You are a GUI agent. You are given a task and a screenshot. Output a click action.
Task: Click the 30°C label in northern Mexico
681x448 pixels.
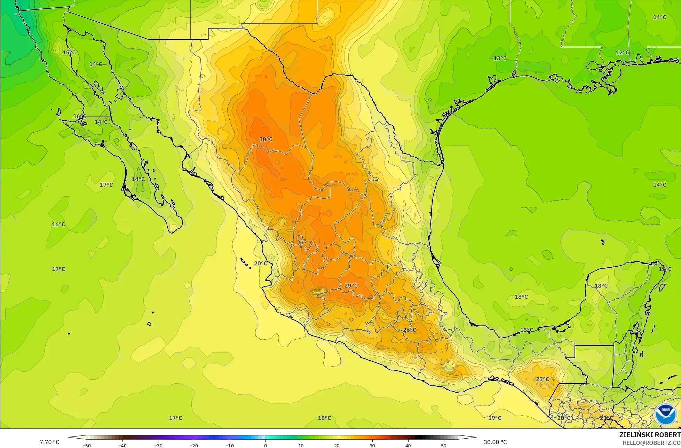(266, 139)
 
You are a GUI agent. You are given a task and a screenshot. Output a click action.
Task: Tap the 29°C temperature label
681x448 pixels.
(351, 286)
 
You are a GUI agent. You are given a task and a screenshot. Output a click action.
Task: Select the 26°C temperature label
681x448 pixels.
(409, 330)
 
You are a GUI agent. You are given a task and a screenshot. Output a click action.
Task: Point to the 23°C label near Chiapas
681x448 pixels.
(542, 379)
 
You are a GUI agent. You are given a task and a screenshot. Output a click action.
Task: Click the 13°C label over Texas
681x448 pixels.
(500, 58)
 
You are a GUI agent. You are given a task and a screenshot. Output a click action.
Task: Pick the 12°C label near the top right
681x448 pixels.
(622, 53)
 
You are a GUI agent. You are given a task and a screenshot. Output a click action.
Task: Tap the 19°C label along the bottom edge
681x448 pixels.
(494, 418)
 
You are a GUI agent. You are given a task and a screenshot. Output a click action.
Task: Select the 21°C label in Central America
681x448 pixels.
(606, 418)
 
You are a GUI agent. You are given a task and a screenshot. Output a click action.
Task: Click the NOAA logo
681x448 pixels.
(665, 415)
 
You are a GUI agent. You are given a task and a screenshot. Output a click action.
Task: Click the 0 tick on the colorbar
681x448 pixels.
(265, 445)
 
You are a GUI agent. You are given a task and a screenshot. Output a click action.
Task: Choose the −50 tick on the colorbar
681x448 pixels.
(87, 445)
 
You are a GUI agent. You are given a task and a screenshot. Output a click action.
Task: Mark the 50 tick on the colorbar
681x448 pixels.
(444, 445)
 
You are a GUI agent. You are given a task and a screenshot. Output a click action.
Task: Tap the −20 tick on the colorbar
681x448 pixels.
(194, 445)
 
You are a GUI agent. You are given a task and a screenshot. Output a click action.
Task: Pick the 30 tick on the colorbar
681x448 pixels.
(372, 445)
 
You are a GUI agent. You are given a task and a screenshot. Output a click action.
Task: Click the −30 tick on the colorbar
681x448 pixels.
(158, 445)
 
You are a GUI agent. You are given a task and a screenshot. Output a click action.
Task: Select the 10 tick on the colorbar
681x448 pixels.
(301, 445)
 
